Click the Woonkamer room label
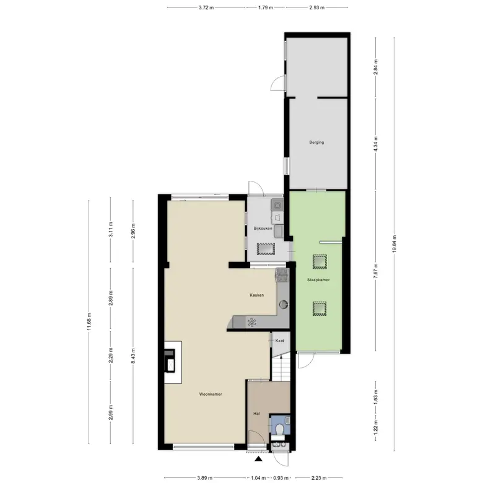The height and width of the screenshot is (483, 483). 211,394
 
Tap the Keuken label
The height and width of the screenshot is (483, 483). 256,295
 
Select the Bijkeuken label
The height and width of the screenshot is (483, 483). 263,228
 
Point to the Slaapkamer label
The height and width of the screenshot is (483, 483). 318,280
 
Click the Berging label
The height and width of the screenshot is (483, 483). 316,142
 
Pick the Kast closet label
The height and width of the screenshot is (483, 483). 280,341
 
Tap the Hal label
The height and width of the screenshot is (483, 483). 256,414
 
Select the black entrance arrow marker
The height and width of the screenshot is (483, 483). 258,459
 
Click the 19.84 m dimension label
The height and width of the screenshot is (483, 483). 394,244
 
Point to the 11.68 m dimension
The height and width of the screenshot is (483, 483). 89,321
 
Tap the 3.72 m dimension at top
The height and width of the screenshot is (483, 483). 206,7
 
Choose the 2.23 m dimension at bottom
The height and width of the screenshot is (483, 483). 318,478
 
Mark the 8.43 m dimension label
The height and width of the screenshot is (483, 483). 133,356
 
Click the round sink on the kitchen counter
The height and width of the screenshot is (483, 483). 284,305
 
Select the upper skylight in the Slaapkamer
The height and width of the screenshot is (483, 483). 320,261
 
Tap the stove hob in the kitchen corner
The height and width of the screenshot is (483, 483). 282,275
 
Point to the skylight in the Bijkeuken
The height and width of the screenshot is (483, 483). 266,249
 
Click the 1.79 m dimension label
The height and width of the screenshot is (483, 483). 266,7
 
